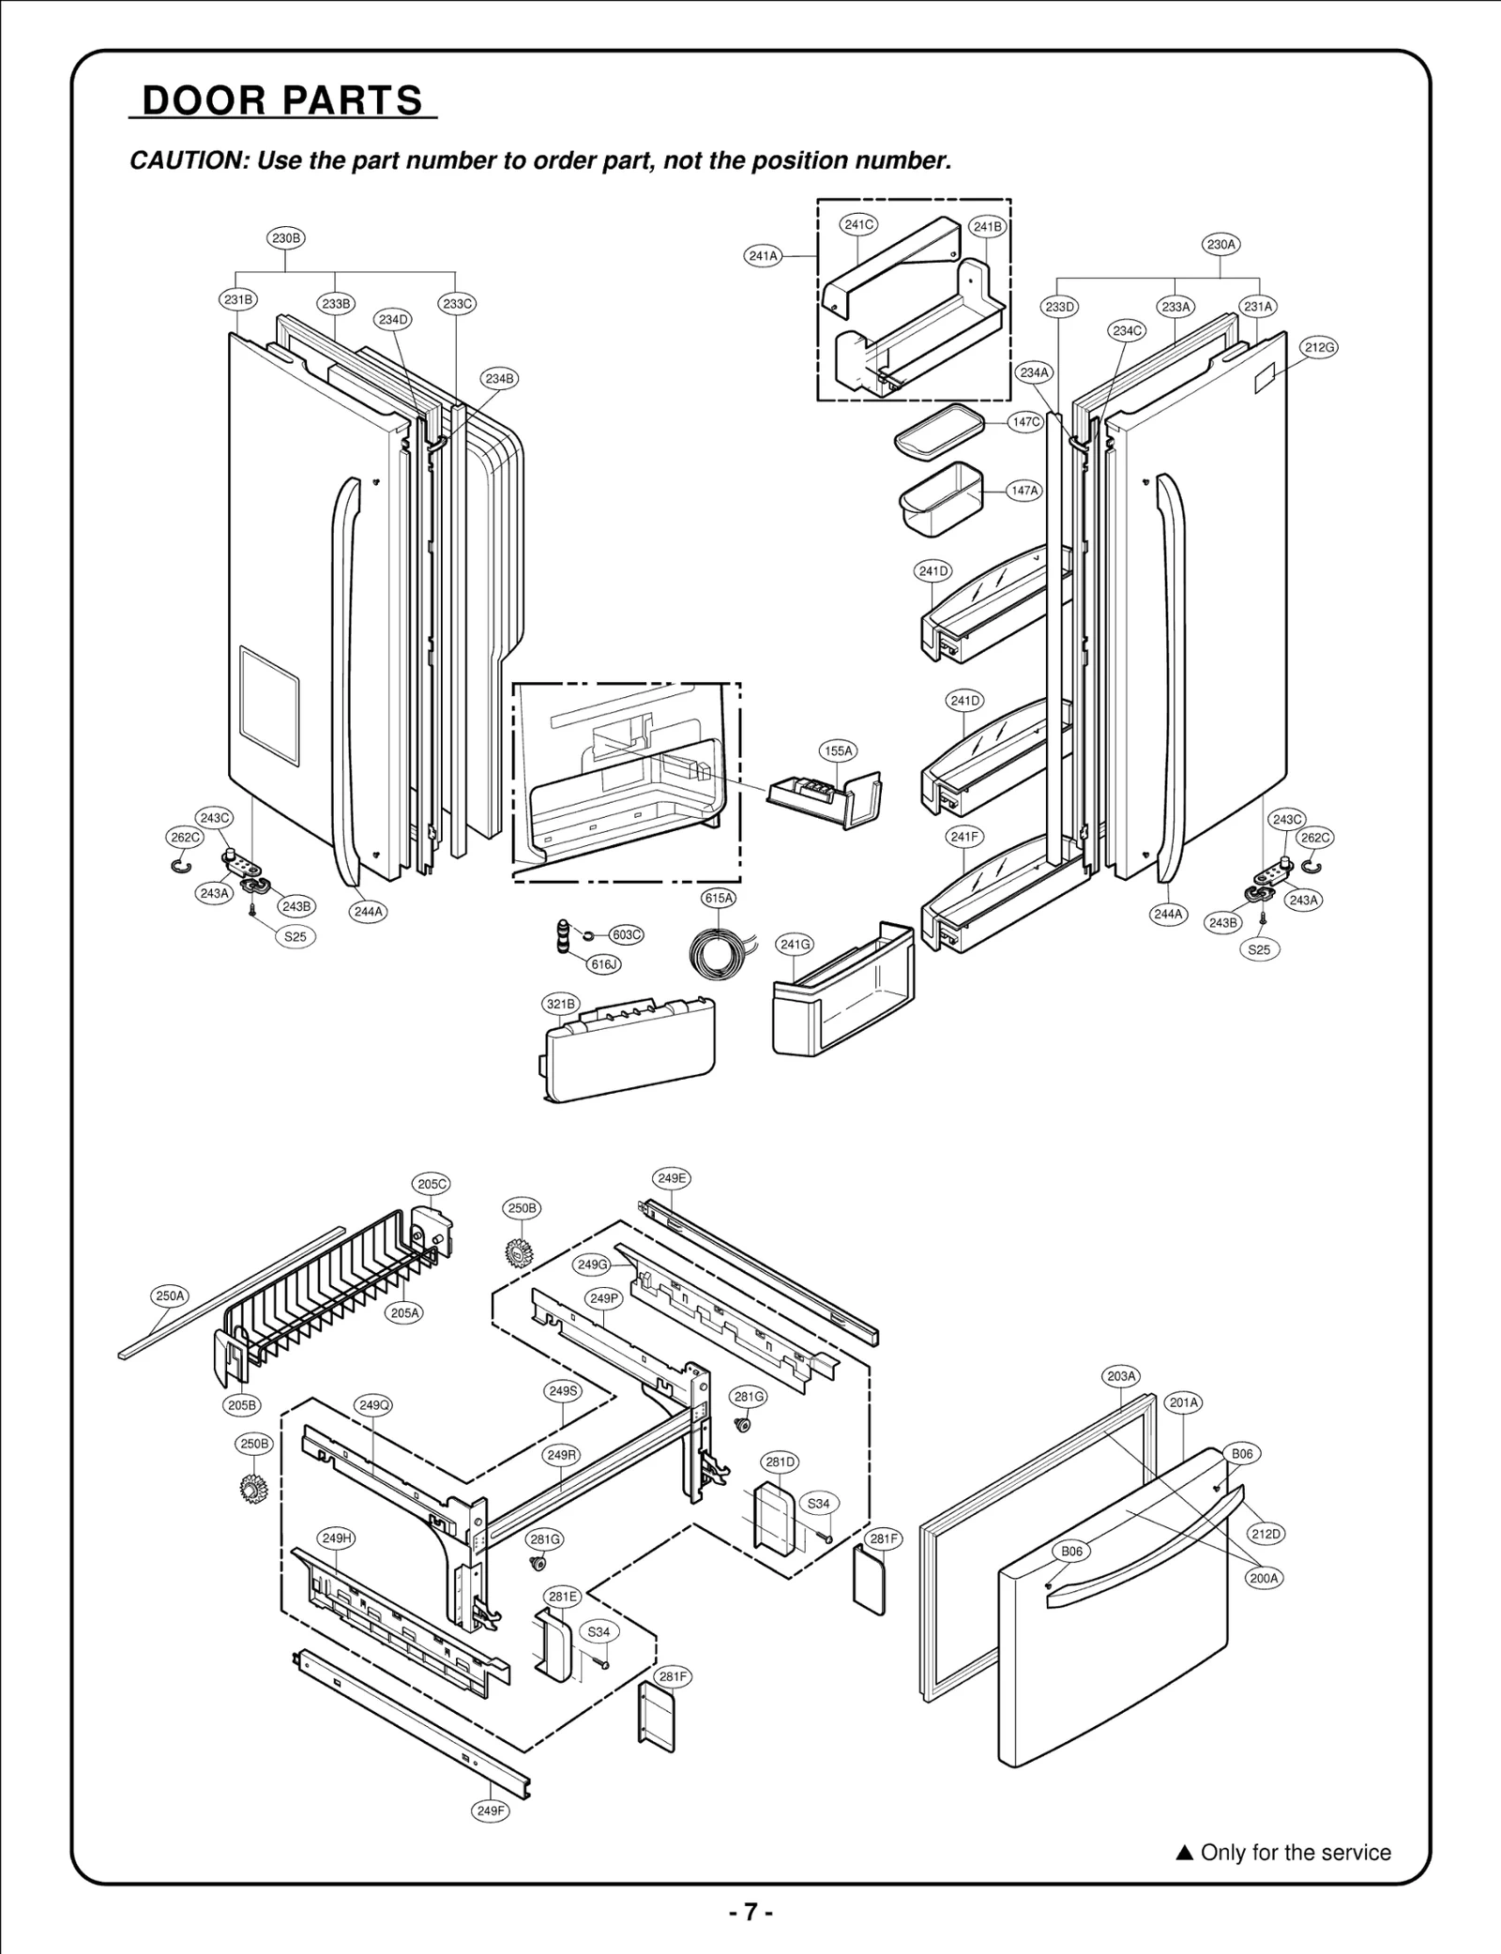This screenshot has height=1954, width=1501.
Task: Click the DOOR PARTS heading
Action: pyautogui.click(x=282, y=100)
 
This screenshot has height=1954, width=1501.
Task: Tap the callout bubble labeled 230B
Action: pyautogui.click(x=286, y=238)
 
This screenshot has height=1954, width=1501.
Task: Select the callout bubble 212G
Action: pyautogui.click(x=1319, y=347)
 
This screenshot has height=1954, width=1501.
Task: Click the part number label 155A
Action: pyautogui.click(x=838, y=750)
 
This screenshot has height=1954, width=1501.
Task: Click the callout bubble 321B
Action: pyautogui.click(x=561, y=1005)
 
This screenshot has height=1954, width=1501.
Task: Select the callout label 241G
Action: pyautogui.click(x=796, y=945)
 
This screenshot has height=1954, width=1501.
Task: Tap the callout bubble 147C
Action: pyautogui.click(x=1025, y=422)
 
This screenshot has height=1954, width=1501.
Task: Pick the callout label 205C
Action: pyautogui.click(x=432, y=1184)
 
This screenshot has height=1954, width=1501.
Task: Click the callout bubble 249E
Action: pyautogui.click(x=672, y=1178)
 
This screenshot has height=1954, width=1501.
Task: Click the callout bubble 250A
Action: pyautogui.click(x=170, y=1296)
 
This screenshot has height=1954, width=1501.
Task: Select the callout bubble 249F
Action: pyautogui.click(x=490, y=1811)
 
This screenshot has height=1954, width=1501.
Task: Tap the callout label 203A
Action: pyautogui.click(x=1121, y=1376)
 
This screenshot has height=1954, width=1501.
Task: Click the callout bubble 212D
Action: pyautogui.click(x=1265, y=1534)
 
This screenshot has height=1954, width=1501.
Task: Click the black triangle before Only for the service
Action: pyautogui.click(x=1184, y=1853)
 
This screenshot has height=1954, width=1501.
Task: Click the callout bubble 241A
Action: pyautogui.click(x=764, y=255)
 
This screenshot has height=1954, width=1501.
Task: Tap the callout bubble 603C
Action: pyautogui.click(x=626, y=934)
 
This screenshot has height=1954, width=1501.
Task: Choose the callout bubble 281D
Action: pyautogui.click(x=780, y=1462)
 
